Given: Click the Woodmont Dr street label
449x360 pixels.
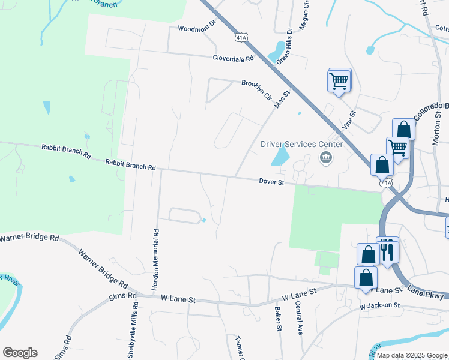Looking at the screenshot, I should coord(196,28).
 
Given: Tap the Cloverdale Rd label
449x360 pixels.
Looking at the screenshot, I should coord(234,59).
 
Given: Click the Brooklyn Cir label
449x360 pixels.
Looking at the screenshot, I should coord(257,88).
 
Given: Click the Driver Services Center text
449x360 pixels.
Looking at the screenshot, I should coord(301,144).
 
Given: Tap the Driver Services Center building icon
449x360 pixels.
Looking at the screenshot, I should coord(326,158).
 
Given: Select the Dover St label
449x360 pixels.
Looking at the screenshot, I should coord(271,181).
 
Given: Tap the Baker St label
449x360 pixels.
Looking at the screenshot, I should coord(278,319).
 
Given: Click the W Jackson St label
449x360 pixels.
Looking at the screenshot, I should coord(379,305).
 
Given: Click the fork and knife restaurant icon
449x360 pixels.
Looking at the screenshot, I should coord(387,251).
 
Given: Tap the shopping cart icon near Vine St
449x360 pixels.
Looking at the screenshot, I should coord(339,81).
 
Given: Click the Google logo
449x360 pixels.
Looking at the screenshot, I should coord(20,353).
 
